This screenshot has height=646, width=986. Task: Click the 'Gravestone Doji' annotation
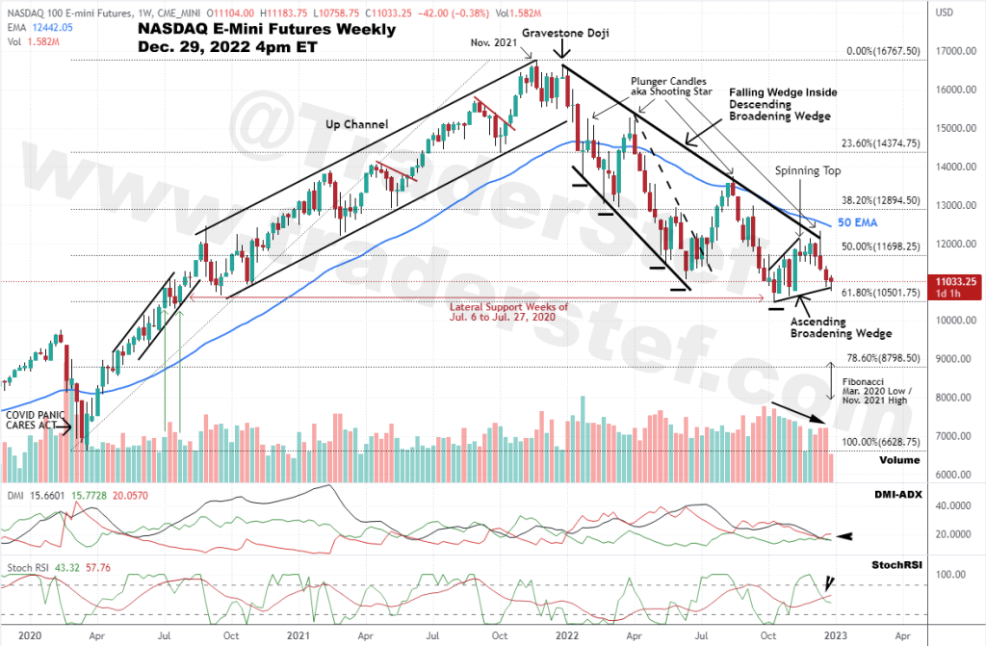(568, 32)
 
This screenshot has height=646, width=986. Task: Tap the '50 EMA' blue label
(856, 222)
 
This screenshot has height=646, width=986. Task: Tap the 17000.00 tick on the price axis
(954, 52)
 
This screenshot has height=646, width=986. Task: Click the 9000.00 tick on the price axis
(956, 359)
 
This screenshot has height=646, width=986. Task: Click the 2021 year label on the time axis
(298, 636)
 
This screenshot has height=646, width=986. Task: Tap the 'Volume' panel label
(898, 460)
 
